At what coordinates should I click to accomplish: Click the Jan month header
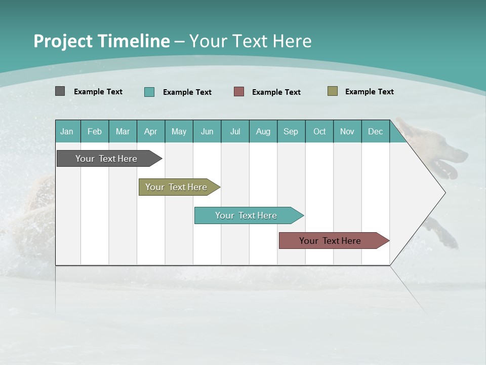coord(67,131)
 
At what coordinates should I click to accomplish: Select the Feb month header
coord(95,131)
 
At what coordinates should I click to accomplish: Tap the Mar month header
coord(123,131)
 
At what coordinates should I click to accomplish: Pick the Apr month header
coord(151,131)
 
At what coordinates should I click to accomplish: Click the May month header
coord(179,131)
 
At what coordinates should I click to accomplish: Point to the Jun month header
coord(207,131)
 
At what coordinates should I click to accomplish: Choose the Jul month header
coord(235,131)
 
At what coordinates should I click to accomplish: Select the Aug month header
coord(263,131)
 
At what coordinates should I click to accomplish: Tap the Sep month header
coord(291,131)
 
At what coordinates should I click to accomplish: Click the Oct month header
coord(319,131)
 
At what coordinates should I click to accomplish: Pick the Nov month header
coord(347,131)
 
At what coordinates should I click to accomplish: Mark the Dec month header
coord(376,131)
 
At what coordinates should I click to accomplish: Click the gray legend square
coord(60,91)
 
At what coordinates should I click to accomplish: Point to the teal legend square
coord(149,92)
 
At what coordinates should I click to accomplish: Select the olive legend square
coord(332,91)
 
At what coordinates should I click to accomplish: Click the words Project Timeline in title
coord(102,41)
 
